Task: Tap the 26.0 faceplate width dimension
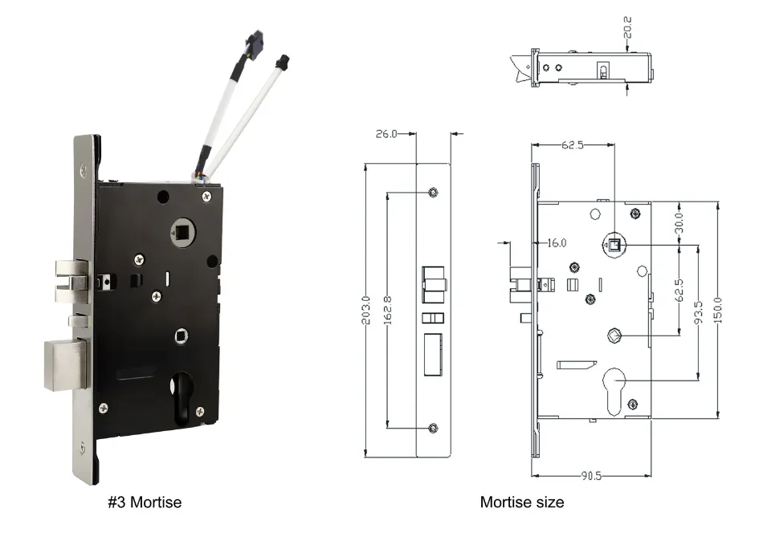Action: pos(386,134)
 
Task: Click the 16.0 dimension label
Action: pos(557,242)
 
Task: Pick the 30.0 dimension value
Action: pos(679,220)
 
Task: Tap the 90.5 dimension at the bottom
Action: pos(593,476)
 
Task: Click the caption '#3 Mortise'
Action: pos(145,502)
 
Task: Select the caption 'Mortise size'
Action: pos(521,502)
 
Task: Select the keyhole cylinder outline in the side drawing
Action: pos(614,389)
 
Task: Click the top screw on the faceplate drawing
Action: pos(434,191)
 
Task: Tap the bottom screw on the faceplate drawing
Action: pos(434,428)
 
